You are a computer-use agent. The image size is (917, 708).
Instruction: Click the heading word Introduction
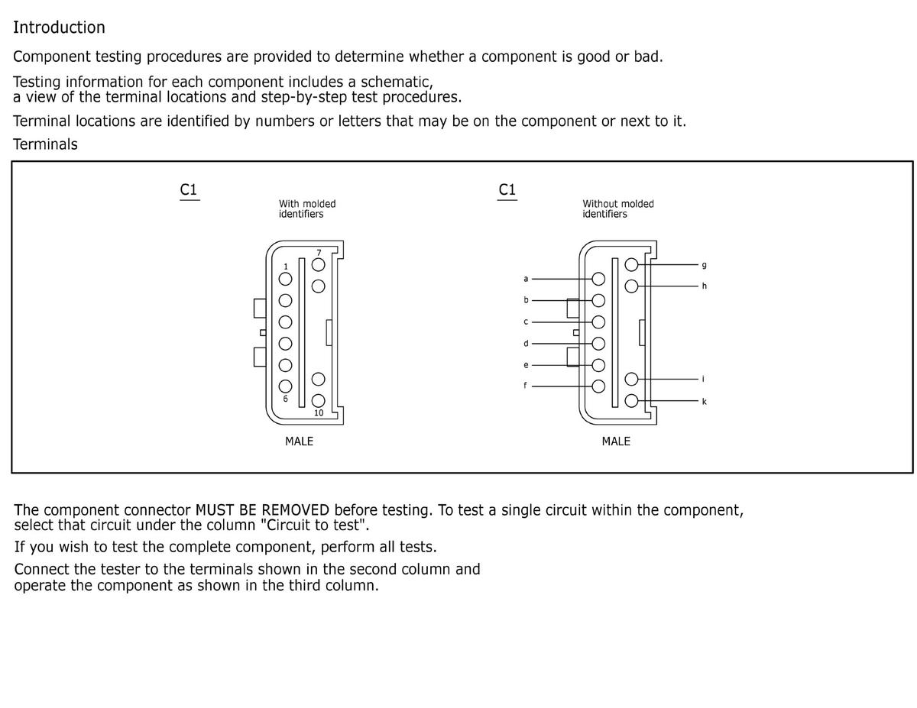click(x=59, y=27)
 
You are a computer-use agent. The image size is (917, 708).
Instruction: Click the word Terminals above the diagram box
click(x=45, y=144)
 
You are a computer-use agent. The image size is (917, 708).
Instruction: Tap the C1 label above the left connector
click(x=190, y=189)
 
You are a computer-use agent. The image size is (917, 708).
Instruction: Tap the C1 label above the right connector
click(x=507, y=189)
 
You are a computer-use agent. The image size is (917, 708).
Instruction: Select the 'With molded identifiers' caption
click(x=307, y=209)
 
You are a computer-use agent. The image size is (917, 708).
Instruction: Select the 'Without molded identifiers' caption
click(x=617, y=209)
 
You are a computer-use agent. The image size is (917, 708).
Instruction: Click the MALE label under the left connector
click(x=299, y=441)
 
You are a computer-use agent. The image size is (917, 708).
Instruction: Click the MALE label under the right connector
click(x=616, y=441)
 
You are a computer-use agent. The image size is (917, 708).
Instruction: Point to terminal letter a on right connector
click(x=526, y=278)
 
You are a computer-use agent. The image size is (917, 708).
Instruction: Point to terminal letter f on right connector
click(x=525, y=386)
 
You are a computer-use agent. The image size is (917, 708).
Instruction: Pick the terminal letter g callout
click(x=704, y=265)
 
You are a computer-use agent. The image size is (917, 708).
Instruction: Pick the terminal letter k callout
click(x=704, y=401)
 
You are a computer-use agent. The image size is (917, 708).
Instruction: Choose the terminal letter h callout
click(x=704, y=286)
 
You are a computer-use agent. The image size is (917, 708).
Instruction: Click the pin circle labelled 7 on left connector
click(x=319, y=264)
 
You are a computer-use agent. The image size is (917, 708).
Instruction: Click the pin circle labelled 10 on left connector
click(x=319, y=400)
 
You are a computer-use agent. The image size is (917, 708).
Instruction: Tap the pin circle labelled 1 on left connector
click(x=285, y=279)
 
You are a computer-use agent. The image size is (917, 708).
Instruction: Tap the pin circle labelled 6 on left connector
click(x=285, y=386)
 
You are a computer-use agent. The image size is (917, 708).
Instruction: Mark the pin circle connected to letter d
click(x=598, y=344)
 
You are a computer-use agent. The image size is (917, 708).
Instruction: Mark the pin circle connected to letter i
click(x=631, y=379)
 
